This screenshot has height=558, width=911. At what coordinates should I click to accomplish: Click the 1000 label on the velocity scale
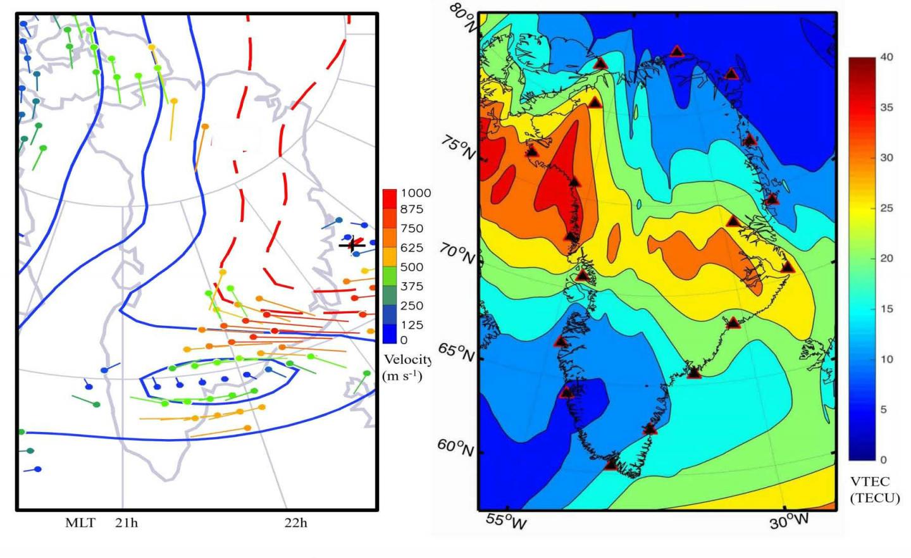click(415, 193)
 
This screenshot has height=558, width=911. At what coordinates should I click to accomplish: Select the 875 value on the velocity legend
click(411, 209)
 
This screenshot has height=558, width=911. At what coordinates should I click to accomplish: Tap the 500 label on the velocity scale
click(411, 267)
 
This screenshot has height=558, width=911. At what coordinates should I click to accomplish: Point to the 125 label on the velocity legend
click(411, 325)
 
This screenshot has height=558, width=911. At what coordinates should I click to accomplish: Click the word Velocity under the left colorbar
click(407, 360)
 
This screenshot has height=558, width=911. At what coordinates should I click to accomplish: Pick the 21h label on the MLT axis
click(127, 523)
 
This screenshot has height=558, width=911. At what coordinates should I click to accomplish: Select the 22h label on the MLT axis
click(295, 523)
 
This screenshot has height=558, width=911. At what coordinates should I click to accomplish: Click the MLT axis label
click(80, 523)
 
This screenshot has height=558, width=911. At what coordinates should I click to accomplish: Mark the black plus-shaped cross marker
click(352, 245)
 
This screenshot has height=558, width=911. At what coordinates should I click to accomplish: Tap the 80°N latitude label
click(464, 18)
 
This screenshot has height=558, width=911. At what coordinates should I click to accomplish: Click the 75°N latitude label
click(457, 149)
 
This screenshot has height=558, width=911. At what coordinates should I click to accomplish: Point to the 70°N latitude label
click(457, 254)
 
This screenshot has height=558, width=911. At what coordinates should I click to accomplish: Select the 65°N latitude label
click(455, 352)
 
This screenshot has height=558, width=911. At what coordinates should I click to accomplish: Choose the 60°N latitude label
click(455, 448)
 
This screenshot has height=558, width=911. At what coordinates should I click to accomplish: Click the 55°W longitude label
click(506, 522)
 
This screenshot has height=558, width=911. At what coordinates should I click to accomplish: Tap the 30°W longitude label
click(789, 521)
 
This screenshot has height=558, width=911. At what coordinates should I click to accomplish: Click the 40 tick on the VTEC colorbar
click(887, 57)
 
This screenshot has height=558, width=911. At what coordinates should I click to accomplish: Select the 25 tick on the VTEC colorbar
click(887, 208)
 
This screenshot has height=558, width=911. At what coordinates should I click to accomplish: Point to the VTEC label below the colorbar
click(870, 481)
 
